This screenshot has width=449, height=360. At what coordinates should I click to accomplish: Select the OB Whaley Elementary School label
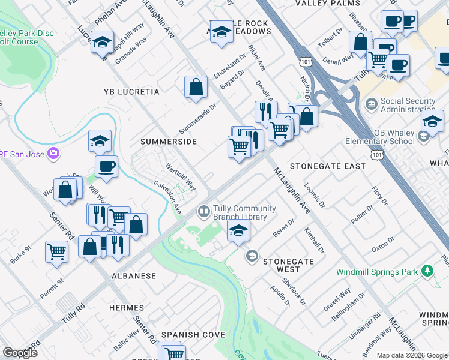coord(379,137)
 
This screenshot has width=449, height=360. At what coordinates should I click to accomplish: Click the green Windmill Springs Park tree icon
coord(427,271)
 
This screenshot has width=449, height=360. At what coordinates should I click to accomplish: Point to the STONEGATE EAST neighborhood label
coord(328,166)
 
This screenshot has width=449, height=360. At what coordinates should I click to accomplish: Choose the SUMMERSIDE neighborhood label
coord(169,142)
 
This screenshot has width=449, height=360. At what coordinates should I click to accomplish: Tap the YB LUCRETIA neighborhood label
coord(131,92)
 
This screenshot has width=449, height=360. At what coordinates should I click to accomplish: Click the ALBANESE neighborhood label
coord(133,276)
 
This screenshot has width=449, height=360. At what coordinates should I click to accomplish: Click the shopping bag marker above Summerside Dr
coord(196,87)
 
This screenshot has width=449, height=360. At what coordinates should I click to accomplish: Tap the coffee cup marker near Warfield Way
coord(106,166)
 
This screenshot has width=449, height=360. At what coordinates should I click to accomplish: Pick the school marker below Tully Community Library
coord(238,230)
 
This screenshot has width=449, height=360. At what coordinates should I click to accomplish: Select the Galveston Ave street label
coord(167,198)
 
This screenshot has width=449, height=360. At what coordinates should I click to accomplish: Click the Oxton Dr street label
coord(383,244)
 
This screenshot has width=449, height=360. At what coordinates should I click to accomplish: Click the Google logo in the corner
coord(20,353)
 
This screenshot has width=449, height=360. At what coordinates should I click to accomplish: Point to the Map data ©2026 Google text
coord(412,355)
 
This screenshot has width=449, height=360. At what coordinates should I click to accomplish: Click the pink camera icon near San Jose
coord(53,154)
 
